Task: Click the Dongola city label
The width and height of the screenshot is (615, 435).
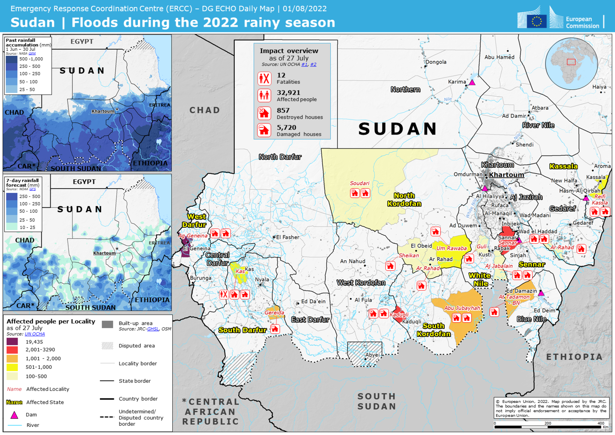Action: tap(436, 62)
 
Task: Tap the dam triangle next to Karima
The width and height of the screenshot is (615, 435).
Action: tap(472, 82)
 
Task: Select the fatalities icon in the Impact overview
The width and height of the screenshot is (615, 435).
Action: tap(264, 79)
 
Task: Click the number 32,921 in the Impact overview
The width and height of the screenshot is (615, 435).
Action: tap(288, 93)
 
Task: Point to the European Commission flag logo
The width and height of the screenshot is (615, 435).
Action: tap(536, 21)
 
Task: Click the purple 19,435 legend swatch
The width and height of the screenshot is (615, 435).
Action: tap(12, 342)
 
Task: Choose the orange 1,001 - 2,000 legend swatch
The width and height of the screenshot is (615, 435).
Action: tap(12, 358)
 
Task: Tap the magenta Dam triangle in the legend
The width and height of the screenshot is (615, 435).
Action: tap(14, 415)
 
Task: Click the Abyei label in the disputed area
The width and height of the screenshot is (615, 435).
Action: tap(372, 355)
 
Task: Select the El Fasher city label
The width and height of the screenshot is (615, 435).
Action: tap(288, 237)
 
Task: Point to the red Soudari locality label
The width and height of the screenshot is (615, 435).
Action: tap(360, 183)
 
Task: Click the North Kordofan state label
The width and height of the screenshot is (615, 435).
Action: tap(404, 200)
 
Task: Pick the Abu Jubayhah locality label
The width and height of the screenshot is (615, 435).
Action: tap(462, 308)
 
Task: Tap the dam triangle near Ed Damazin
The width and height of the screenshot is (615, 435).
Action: tap(541, 293)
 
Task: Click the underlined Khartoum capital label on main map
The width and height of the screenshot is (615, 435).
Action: tap(506, 175)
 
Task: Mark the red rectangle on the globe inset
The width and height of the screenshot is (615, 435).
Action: tap(571, 62)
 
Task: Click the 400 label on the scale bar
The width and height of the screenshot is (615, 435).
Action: tap(601, 423)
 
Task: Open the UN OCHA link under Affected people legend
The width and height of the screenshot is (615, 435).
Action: tap(35, 334)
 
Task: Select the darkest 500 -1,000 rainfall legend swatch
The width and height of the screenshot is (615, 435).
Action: tap(12, 59)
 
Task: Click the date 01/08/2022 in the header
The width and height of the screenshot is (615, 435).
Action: tap(305, 9)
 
